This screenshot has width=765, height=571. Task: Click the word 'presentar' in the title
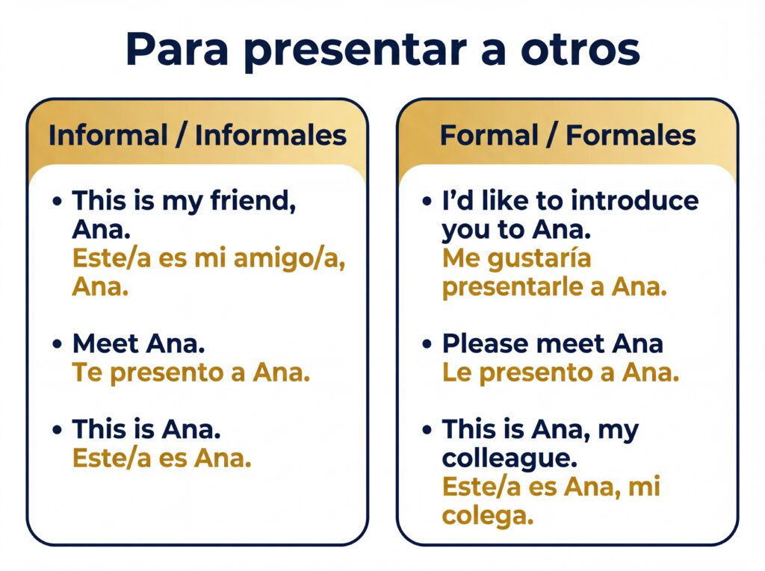pyautogui.click(x=355, y=52)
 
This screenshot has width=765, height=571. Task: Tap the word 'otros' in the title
pyautogui.click(x=580, y=50)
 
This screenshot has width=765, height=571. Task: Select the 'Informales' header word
pyautogui.click(x=270, y=135)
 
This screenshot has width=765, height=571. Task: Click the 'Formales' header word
pyautogui.click(x=631, y=135)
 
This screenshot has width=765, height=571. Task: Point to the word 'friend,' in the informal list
pyautogui.click(x=253, y=201)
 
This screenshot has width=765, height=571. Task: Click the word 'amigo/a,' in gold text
pyautogui.click(x=290, y=258)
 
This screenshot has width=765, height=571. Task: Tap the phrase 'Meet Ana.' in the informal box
pyautogui.click(x=138, y=343)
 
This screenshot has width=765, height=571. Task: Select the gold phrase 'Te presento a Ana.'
pyautogui.click(x=191, y=373)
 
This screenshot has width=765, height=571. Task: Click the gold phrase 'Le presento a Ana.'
pyautogui.click(x=560, y=373)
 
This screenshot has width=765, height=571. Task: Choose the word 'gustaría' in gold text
pyautogui.click(x=539, y=258)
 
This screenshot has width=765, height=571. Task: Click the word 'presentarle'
pyautogui.click(x=512, y=287)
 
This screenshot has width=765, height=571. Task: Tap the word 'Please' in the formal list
pyautogui.click(x=486, y=343)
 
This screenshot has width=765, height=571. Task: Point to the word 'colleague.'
pyautogui.click(x=510, y=458)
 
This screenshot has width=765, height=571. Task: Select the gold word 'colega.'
pyautogui.click(x=488, y=516)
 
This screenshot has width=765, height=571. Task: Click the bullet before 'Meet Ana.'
pyautogui.click(x=58, y=344)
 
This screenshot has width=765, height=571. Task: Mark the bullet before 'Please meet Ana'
pyautogui.click(x=427, y=344)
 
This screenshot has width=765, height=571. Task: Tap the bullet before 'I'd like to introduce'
pyautogui.click(x=427, y=201)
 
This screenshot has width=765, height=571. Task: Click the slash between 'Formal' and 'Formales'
pyautogui.click(x=552, y=136)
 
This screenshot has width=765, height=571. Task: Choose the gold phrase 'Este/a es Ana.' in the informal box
pyautogui.click(x=162, y=458)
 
